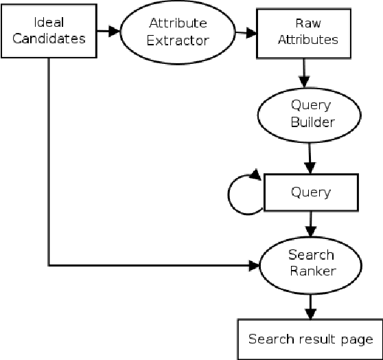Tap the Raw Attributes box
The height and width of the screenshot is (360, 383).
tap(306, 32)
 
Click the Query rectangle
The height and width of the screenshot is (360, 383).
tap(311, 192)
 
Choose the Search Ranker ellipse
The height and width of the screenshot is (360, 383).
tap(312, 262)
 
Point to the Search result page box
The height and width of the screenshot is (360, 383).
tap(310, 339)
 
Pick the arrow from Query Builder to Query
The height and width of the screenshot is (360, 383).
tap(310, 155)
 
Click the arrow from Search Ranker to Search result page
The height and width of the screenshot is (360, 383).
tap(311, 303)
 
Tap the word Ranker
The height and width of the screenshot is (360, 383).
tap(312, 271)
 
